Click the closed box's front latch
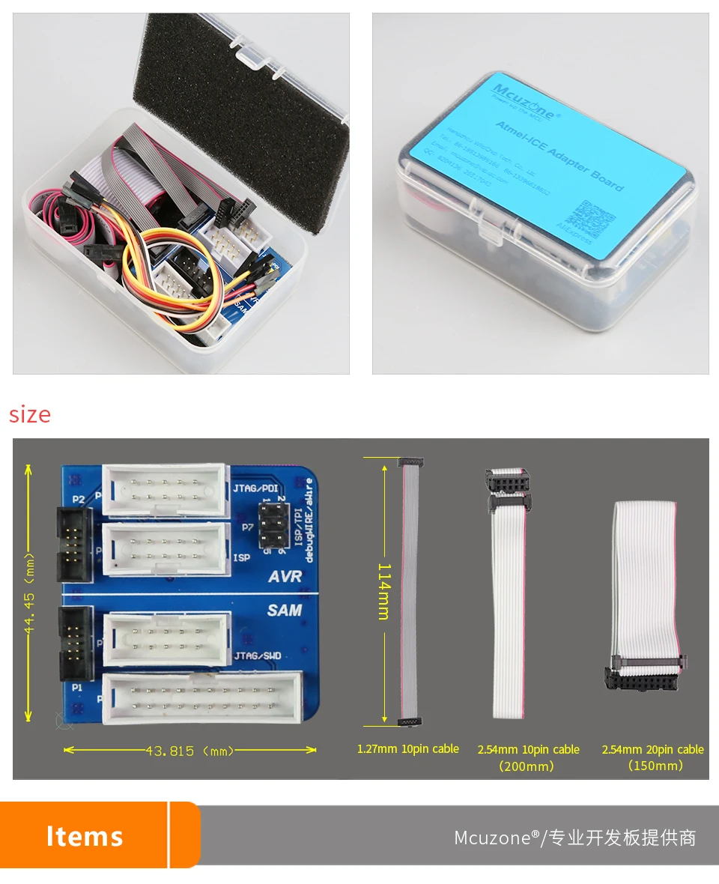click(x=490, y=231)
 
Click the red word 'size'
click(x=30, y=415)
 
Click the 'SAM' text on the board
click(x=285, y=611)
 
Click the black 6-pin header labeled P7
click(x=275, y=525)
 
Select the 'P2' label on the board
click(x=78, y=498)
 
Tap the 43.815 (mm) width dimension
click(x=191, y=751)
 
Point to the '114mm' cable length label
click(x=383, y=592)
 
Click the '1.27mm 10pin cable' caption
click(x=408, y=749)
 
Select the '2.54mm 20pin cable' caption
click(x=653, y=750)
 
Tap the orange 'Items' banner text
click(x=85, y=836)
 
